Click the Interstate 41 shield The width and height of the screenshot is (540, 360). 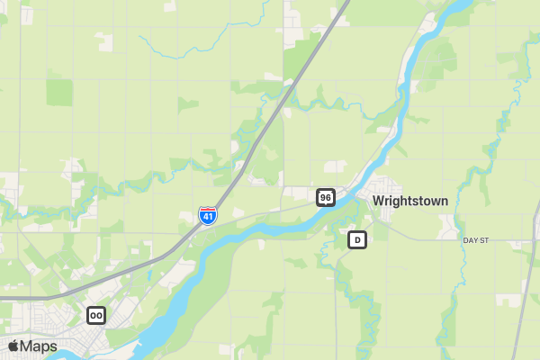coord(208,216)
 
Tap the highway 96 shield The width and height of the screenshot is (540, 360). coord(326,197)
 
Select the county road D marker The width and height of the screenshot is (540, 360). coord(357,240)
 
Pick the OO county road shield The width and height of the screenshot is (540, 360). coord(96,315)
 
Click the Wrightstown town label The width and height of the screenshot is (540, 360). coord(409,201)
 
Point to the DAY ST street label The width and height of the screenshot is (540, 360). coord(475,241)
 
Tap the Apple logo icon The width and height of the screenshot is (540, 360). coord(13,346)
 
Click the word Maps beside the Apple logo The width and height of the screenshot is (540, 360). coord(40,346)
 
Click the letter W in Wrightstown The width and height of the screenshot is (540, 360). coord(378,201)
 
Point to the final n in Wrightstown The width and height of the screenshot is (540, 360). coord(444,201)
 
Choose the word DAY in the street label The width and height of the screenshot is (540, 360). coord(471,241)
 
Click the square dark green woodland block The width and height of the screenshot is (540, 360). coord(59,92)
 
